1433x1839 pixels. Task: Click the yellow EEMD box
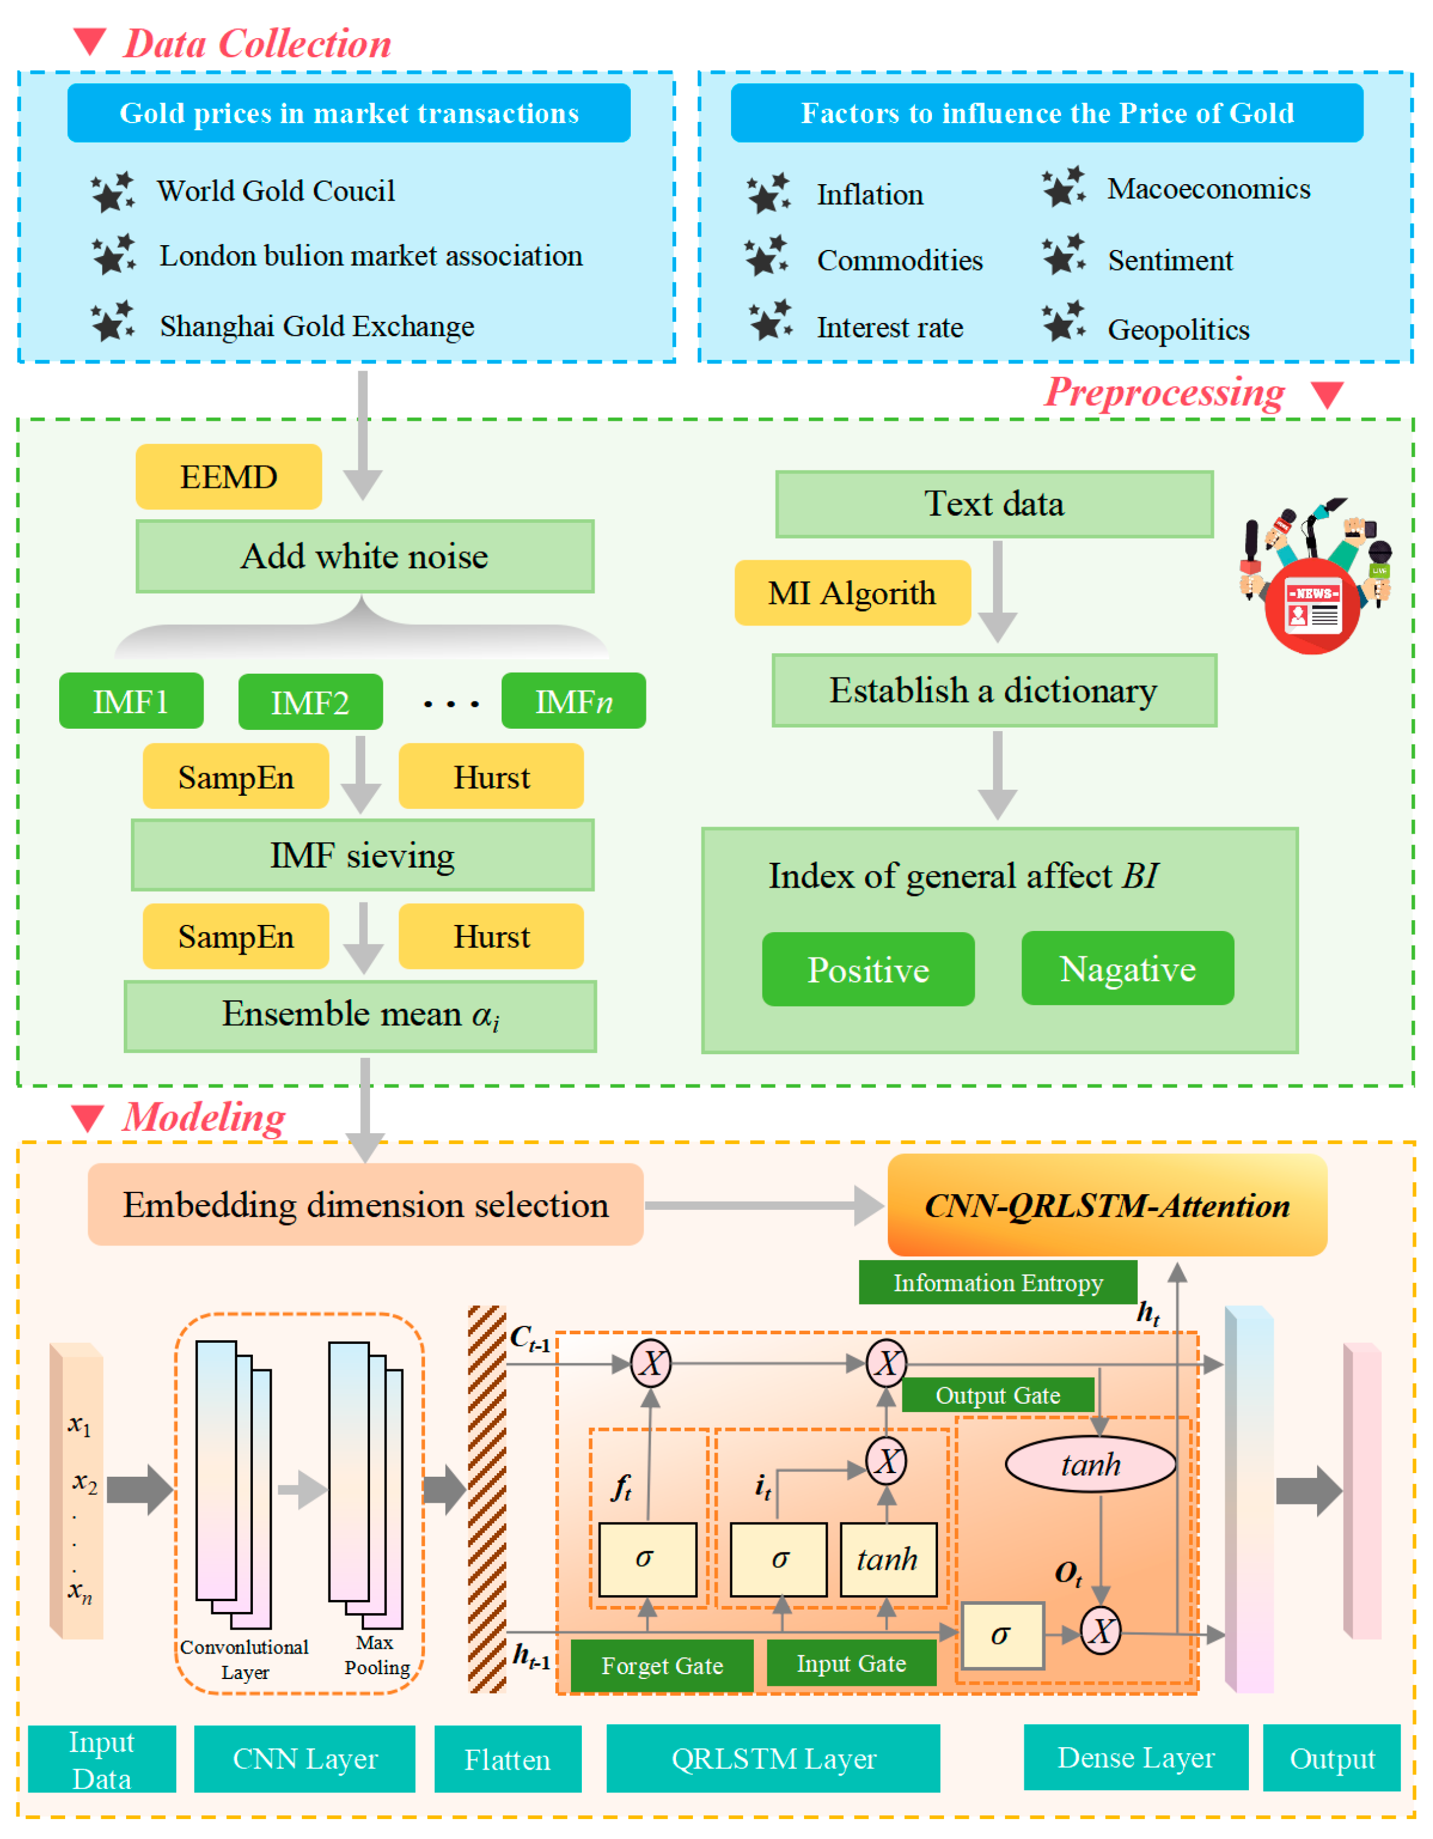228,476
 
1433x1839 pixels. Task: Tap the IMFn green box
573,700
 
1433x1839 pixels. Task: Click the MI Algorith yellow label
852,593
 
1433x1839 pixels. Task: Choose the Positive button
868,969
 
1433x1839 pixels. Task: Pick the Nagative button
1128,968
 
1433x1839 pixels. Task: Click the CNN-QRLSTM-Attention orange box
1107,1205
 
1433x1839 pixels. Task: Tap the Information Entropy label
998,1282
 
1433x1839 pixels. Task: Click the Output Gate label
998,1395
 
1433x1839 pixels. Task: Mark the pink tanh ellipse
1090,1464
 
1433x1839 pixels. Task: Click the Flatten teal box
508,1759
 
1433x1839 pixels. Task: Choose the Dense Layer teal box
1136,1757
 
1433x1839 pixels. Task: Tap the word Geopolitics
1178,329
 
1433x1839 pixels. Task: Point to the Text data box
994,504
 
